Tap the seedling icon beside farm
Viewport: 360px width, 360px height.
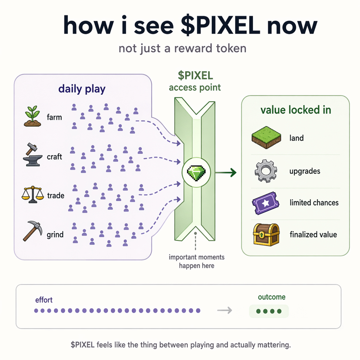tap(33, 116)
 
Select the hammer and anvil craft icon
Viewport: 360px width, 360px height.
tap(33, 155)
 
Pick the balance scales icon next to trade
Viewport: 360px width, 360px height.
tap(32, 194)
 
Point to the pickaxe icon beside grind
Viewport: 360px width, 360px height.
tap(32, 230)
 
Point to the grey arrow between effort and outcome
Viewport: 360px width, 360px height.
tap(224, 310)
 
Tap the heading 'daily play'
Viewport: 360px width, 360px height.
tap(82, 90)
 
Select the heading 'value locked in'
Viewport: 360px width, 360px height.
tap(296, 110)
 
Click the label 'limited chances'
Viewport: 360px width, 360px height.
tap(313, 203)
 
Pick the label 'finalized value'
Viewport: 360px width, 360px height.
tap(313, 235)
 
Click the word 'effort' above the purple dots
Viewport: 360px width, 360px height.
tap(44, 300)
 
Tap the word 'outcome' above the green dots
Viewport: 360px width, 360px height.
tap(272, 297)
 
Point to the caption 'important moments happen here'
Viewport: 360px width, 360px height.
tap(197, 261)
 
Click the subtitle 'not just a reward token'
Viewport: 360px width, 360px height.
tap(182, 48)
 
